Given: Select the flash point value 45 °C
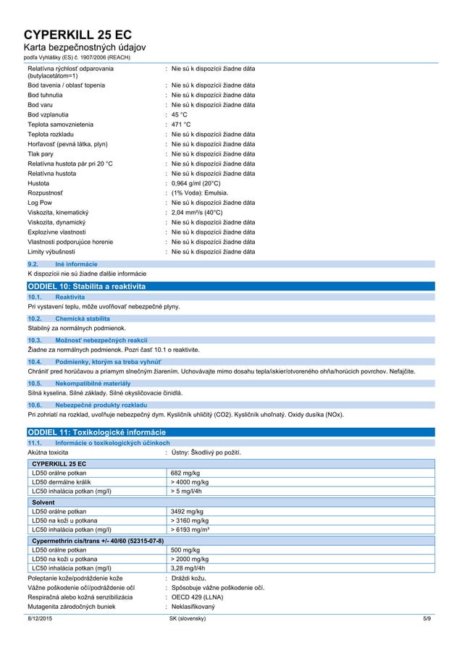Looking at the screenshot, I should click(180, 114).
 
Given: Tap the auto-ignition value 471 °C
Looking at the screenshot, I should click(181, 125).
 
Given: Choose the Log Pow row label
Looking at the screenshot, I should click(41, 203).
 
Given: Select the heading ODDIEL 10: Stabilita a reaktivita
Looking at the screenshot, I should click(86, 287).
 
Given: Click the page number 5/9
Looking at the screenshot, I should click(427, 619).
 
